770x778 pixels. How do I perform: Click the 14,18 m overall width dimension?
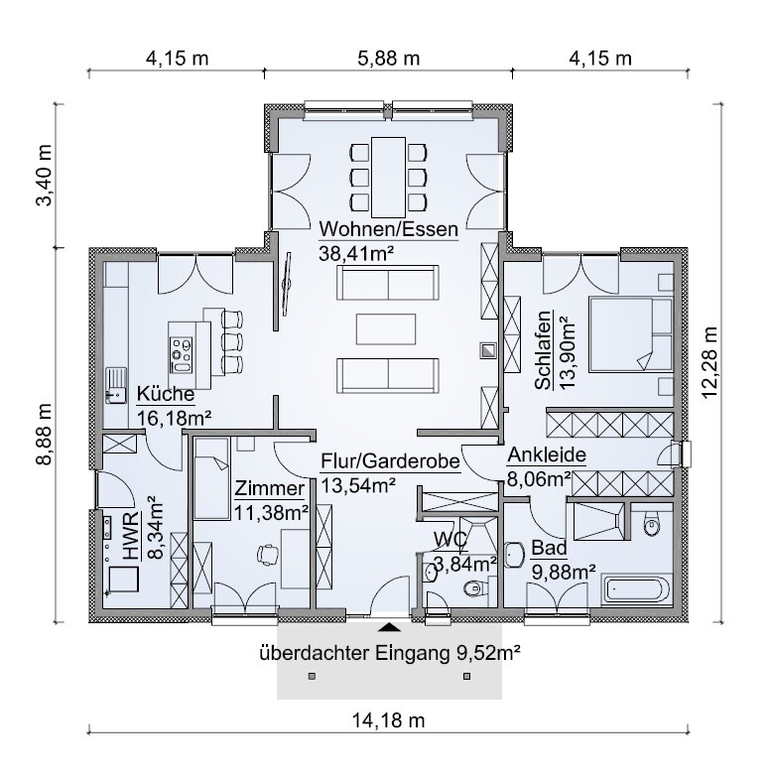(x=389, y=720)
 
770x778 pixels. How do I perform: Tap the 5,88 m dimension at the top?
(x=389, y=59)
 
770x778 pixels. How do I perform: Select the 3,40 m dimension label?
(x=44, y=175)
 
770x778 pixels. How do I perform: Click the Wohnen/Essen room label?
(x=389, y=229)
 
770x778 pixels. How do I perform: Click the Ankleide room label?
(x=546, y=454)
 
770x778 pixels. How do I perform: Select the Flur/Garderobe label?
(x=391, y=461)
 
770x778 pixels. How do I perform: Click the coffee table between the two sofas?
(x=386, y=328)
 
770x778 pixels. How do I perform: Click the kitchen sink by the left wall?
(x=115, y=385)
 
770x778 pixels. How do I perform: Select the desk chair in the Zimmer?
(x=268, y=554)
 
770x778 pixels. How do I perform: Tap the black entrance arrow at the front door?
(x=389, y=627)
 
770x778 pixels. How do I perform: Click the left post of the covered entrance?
(x=312, y=676)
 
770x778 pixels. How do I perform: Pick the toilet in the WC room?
(x=474, y=589)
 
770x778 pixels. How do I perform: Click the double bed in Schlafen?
(x=630, y=333)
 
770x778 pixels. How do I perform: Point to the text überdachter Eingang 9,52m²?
(x=389, y=653)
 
